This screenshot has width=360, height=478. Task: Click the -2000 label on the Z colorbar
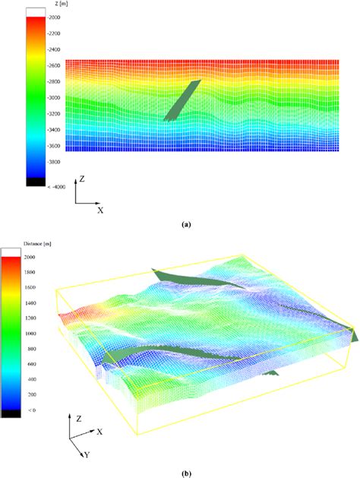click(x=54, y=17)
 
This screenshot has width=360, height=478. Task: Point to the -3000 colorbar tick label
click(x=54, y=97)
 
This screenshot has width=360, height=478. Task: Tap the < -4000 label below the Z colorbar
click(x=56, y=187)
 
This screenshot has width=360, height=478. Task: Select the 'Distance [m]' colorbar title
click(x=37, y=244)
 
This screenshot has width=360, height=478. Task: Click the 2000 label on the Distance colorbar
click(x=30, y=257)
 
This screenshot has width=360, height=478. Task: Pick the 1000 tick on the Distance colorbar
click(x=30, y=334)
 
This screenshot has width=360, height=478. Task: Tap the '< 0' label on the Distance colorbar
click(x=32, y=410)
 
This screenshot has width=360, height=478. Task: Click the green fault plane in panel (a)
click(x=183, y=100)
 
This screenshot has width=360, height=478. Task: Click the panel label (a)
click(x=185, y=225)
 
